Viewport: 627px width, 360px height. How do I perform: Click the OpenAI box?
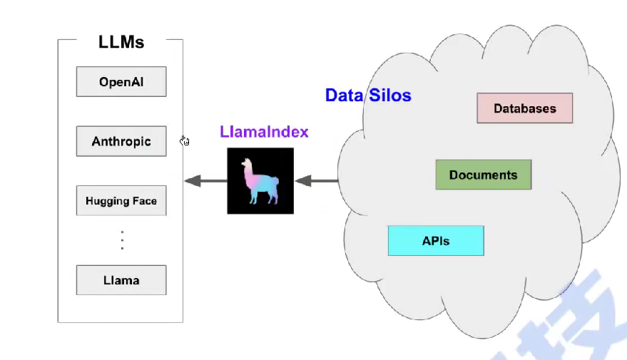pyautogui.click(x=121, y=82)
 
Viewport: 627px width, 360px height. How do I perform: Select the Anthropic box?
pyautogui.click(x=121, y=141)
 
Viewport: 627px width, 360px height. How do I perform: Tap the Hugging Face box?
pyautogui.click(x=121, y=200)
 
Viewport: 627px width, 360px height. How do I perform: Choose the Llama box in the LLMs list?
pyautogui.click(x=121, y=280)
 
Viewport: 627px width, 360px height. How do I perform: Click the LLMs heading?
pyautogui.click(x=121, y=42)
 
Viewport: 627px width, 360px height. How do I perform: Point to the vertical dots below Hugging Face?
pyautogui.click(x=122, y=240)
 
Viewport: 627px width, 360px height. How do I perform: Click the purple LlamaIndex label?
pyautogui.click(x=264, y=132)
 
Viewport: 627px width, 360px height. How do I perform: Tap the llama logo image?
pyautogui.click(x=260, y=180)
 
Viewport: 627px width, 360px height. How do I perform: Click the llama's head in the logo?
pyautogui.click(x=248, y=166)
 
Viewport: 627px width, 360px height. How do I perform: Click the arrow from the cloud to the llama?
pyautogui.click(x=316, y=181)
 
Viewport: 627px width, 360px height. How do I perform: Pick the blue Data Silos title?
pyautogui.click(x=368, y=95)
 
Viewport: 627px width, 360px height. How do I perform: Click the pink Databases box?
pyautogui.click(x=525, y=108)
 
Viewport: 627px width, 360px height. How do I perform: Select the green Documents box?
pyautogui.click(x=484, y=175)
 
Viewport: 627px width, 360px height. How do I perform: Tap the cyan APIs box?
pyautogui.click(x=436, y=241)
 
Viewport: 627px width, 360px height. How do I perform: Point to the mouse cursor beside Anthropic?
pyautogui.click(x=185, y=140)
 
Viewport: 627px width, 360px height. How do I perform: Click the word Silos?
pyautogui.click(x=390, y=95)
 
